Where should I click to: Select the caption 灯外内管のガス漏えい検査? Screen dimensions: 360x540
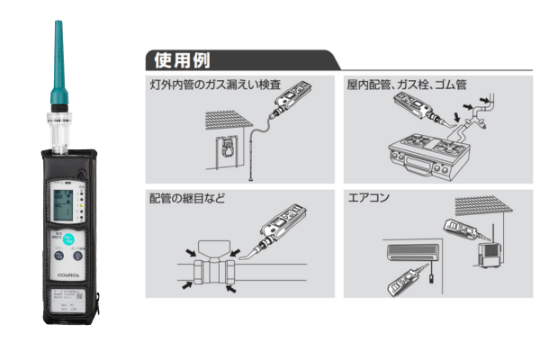215,85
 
